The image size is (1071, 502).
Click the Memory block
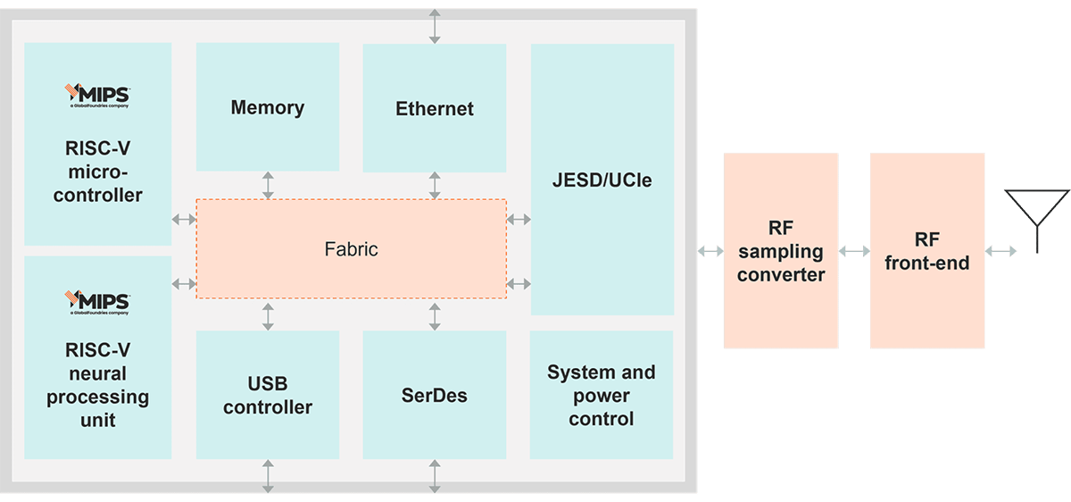click(x=268, y=107)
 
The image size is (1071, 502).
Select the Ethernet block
click(x=435, y=109)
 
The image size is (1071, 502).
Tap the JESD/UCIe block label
click(x=602, y=180)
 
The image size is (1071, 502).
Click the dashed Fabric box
click(x=351, y=249)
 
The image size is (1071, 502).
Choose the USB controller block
click(x=268, y=396)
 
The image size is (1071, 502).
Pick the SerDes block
click(x=435, y=395)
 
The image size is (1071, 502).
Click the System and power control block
click(x=602, y=396)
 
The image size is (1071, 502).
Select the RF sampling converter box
click(x=781, y=251)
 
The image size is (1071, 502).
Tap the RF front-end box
click(x=927, y=251)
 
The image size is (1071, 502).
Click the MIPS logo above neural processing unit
click(x=98, y=300)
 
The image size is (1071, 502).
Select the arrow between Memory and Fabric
click(x=268, y=185)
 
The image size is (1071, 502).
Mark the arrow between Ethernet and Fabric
click(x=435, y=185)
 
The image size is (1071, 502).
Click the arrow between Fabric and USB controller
click(x=268, y=315)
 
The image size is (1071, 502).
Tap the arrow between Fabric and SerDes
click(x=435, y=315)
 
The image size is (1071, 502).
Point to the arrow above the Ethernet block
click(x=435, y=26)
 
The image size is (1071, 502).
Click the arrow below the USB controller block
click(x=268, y=476)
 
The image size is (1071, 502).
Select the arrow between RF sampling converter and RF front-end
click(x=854, y=251)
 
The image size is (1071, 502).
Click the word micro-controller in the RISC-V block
click(x=98, y=183)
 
